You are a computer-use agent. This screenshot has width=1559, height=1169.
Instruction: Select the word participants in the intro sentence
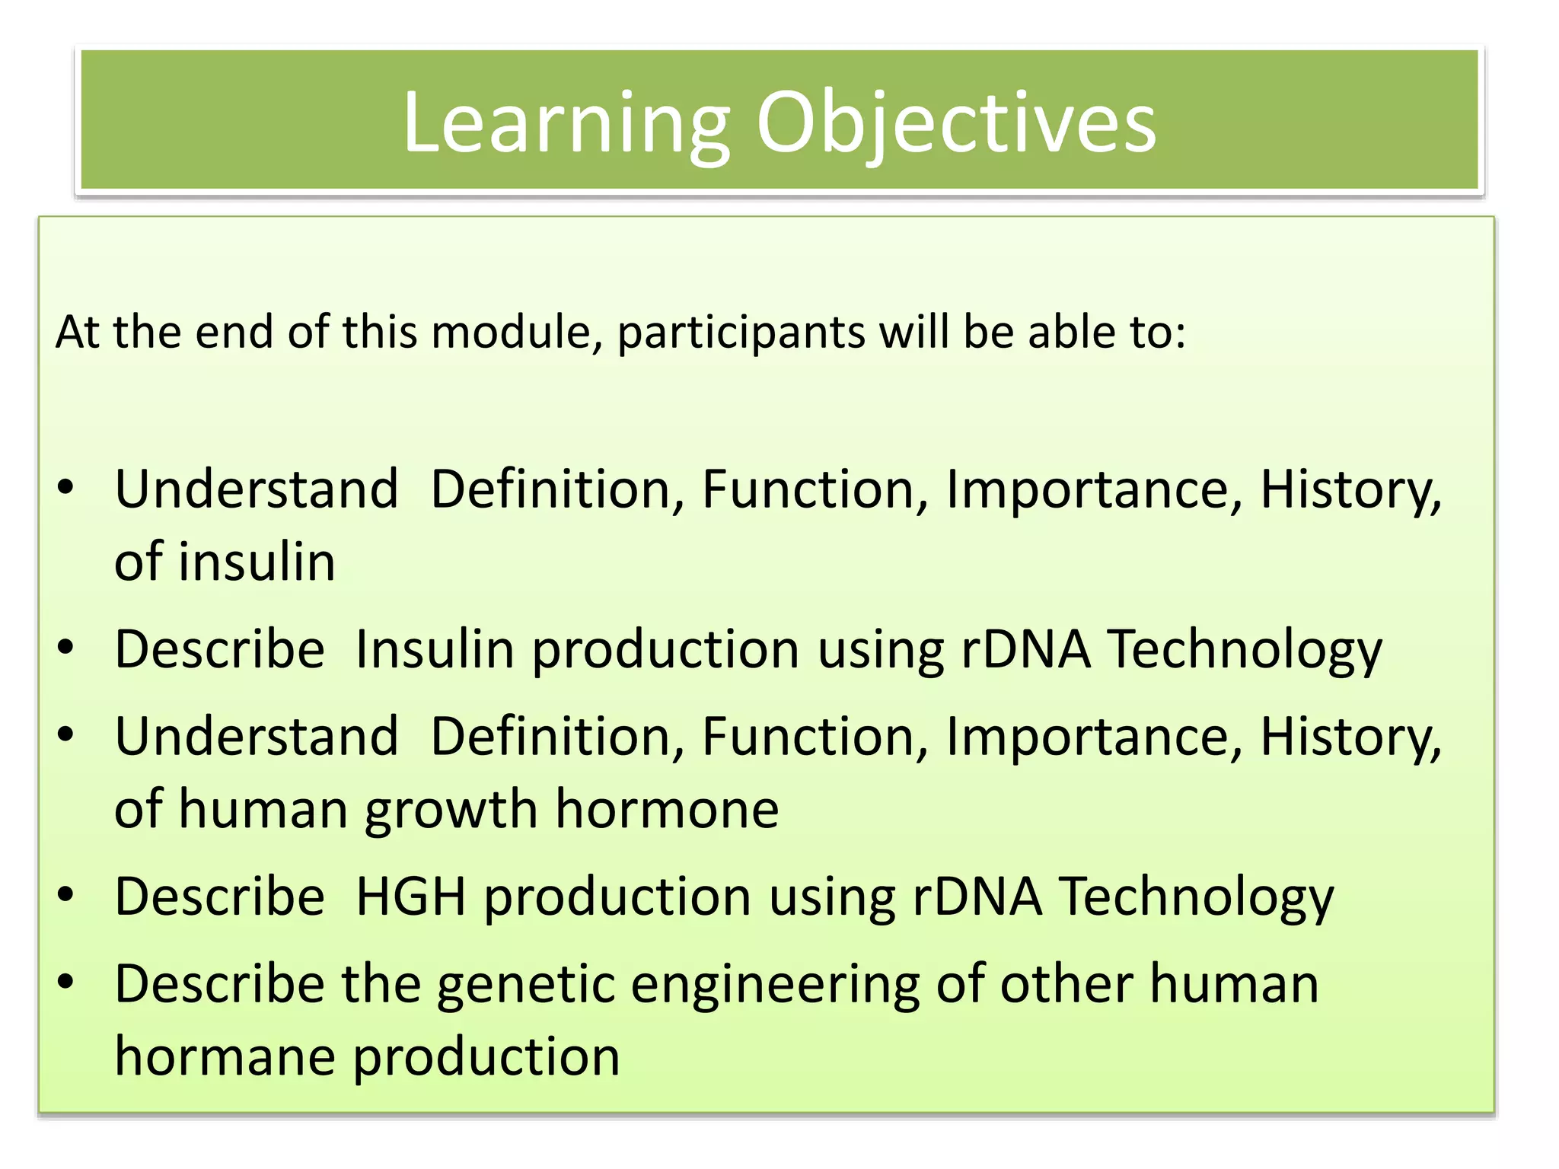[x=740, y=333]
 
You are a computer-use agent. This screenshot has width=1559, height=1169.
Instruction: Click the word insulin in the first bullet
[x=257, y=562]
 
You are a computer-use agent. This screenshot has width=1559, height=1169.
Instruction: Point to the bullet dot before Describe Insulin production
[x=65, y=648]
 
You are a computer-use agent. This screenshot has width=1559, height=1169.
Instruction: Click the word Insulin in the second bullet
[x=435, y=648]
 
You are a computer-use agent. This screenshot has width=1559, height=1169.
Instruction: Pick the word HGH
[x=410, y=896]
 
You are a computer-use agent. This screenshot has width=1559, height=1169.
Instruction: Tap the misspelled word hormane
[x=225, y=1056]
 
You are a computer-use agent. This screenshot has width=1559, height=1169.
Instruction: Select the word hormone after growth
[x=667, y=808]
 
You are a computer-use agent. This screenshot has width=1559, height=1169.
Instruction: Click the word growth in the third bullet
[x=451, y=808]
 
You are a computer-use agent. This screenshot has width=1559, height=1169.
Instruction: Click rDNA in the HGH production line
[x=977, y=896]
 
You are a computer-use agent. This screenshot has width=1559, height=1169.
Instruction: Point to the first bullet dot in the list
[x=65, y=488]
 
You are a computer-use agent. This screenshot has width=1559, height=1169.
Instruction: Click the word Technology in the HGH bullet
[x=1197, y=896]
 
